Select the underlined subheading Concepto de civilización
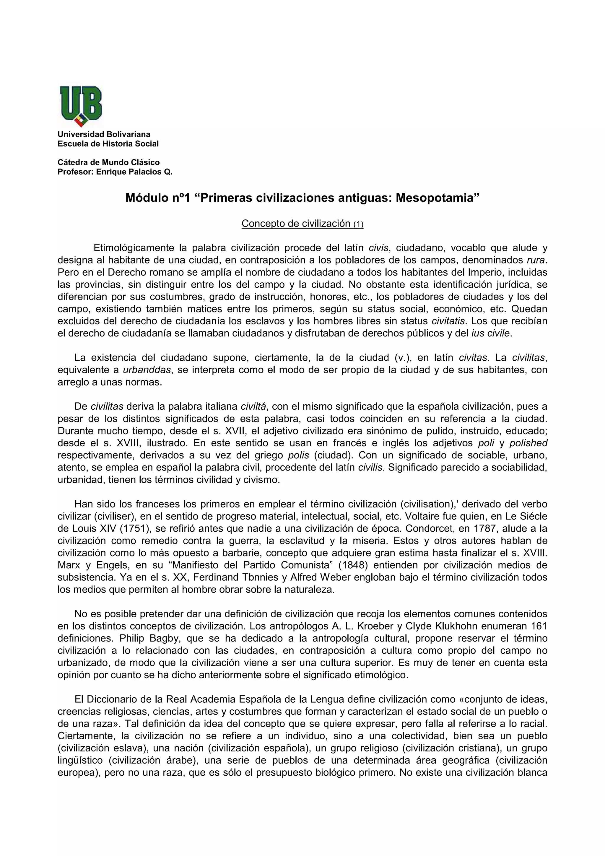(296, 223)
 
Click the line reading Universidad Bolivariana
(104, 134)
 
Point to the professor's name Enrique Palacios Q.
(134, 172)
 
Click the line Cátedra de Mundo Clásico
(108, 162)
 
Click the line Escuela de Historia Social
(108, 144)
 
